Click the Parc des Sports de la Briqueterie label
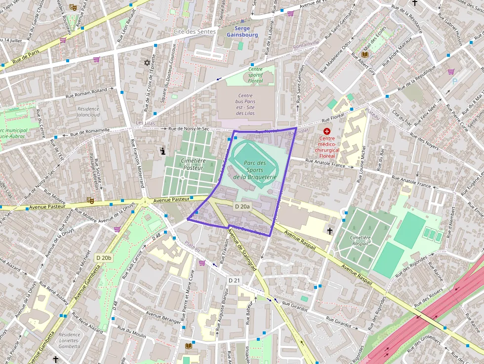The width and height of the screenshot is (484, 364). pyautogui.click(x=254, y=169)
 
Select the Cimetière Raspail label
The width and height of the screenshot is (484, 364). pyautogui.click(x=360, y=240)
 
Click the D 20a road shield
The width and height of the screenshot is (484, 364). pyautogui.click(x=242, y=206)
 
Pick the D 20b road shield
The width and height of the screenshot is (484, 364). pyautogui.click(x=104, y=257)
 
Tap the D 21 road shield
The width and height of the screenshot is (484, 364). pyautogui.click(x=234, y=280)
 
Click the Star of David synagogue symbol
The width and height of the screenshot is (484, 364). pyautogui.click(x=146, y=63)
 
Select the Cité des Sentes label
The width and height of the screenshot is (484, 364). pyautogui.click(x=195, y=32)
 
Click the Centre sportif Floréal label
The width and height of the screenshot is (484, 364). pyautogui.click(x=255, y=75)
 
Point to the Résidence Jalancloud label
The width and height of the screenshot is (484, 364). pyautogui.click(x=88, y=112)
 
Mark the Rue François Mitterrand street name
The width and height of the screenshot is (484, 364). pyautogui.click(x=137, y=163)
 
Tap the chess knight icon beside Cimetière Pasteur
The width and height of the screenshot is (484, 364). pyautogui.click(x=162, y=151)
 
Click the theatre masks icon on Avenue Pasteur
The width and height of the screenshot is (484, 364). pyautogui.click(x=90, y=200)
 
